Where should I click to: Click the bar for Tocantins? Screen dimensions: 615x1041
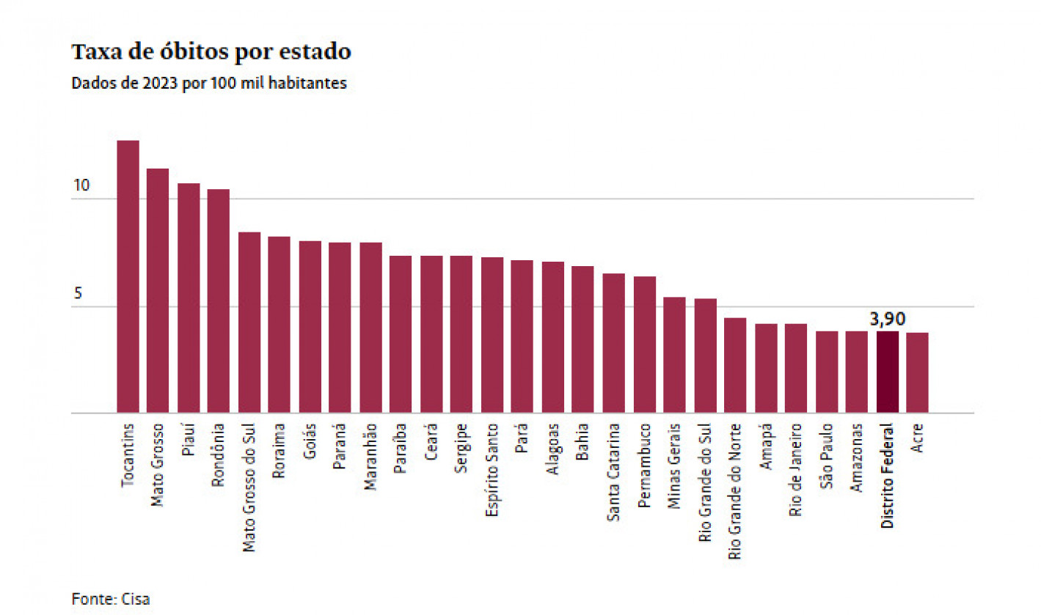coord(128,276)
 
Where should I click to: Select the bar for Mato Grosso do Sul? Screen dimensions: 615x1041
coord(249,323)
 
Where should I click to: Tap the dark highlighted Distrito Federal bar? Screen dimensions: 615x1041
coord(887,372)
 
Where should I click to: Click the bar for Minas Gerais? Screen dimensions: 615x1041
coord(674,355)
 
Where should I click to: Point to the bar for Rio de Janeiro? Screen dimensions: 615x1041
coord(796,368)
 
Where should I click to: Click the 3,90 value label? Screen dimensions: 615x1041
coord(888,319)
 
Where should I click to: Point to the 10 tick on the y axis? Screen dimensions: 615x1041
coord(81,185)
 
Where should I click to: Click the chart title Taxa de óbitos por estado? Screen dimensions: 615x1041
coord(211,53)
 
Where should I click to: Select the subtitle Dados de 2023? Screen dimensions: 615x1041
coord(209,83)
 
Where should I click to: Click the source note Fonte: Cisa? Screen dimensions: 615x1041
coord(110,599)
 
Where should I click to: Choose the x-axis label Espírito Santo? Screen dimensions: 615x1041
coord(492,470)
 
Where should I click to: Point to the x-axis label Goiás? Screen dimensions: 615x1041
coord(310,443)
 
